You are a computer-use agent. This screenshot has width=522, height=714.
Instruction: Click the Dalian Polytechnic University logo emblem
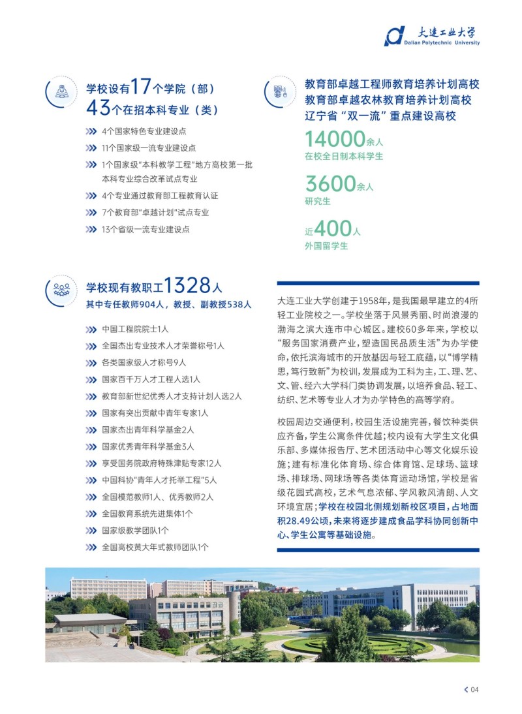(x=394, y=36)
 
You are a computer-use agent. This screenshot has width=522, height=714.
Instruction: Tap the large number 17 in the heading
(x=141, y=87)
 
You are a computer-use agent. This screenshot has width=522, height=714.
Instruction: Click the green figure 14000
(x=335, y=139)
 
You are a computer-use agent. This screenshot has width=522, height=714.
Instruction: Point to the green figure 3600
(x=330, y=184)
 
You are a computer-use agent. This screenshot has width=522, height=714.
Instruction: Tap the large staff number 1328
(x=187, y=286)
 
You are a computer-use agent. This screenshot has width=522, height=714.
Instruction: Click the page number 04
(x=474, y=690)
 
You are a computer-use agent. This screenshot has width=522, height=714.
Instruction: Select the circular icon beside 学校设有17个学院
(x=62, y=92)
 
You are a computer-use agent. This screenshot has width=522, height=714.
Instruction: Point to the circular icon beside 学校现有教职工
(x=62, y=289)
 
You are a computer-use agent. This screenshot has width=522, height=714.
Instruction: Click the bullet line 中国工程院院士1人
(x=135, y=328)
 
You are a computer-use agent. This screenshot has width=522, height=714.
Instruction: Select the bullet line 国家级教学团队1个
(x=135, y=531)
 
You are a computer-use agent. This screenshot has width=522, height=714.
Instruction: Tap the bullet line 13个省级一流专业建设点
(x=146, y=229)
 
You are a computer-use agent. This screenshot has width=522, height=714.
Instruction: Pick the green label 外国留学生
(x=326, y=245)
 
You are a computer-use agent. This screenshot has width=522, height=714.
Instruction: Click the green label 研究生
(x=318, y=201)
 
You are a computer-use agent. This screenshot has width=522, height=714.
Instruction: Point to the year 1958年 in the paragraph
(x=369, y=302)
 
